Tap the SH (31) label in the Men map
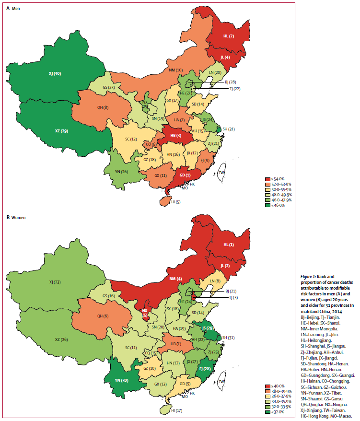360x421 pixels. coord(229,129)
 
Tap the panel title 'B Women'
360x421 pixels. coord(16,217)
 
